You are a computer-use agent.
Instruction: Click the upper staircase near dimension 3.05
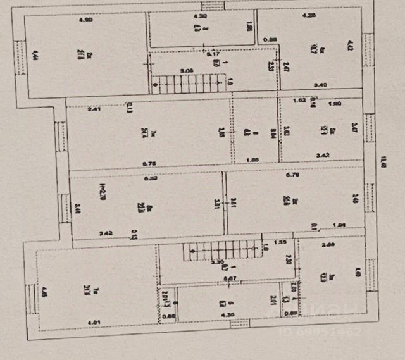(190, 82)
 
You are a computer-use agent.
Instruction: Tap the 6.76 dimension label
(150, 164)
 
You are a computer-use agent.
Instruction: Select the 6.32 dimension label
(150, 178)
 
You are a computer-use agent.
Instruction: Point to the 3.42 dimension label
(323, 154)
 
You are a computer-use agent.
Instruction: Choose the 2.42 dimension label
(106, 233)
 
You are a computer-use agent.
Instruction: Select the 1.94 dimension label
(340, 225)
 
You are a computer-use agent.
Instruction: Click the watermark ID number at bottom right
(335, 330)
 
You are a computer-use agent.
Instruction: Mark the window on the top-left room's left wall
(19, 55)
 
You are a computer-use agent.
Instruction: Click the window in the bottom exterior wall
(239, 323)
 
